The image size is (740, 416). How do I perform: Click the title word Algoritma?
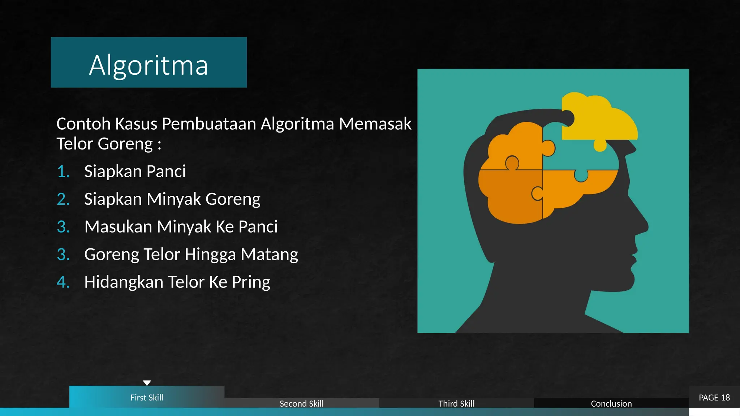149,65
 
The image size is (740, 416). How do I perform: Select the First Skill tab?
147,397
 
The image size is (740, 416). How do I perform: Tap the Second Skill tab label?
301,403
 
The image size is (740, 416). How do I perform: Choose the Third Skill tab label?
456,403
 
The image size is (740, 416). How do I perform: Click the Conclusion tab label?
611,403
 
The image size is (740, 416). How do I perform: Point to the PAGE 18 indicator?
714,397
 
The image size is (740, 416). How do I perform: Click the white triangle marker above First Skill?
147,383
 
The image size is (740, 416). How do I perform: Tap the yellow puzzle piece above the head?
600,119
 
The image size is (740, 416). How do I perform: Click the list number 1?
63,171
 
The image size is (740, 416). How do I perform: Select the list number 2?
63,199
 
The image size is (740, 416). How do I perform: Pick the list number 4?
63,282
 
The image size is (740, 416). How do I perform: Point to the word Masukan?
118,227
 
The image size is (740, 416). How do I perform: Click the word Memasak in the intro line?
375,124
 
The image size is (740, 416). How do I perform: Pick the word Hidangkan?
124,282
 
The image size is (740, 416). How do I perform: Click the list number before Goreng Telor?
63,254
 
